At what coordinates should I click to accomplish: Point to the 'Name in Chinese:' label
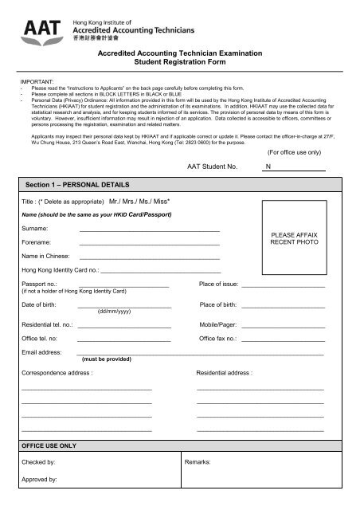46,257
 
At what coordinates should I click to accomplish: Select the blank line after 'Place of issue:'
283,285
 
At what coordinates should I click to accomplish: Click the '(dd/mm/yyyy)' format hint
113,312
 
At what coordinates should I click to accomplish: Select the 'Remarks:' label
197,462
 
